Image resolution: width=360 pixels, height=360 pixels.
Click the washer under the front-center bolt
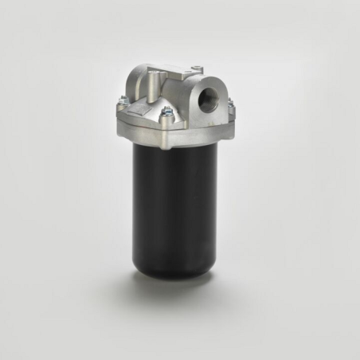pos(167,116)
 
